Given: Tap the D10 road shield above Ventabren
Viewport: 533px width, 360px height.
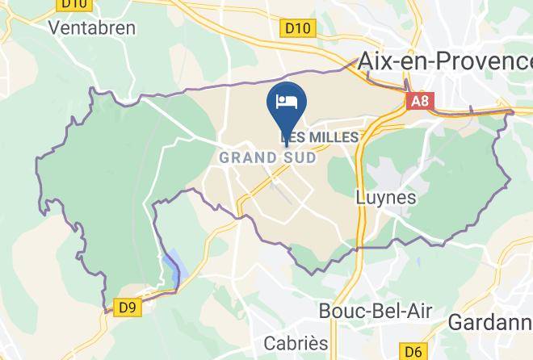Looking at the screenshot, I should (x=73, y=5).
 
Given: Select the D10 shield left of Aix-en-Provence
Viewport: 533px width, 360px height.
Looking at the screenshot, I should (x=297, y=28).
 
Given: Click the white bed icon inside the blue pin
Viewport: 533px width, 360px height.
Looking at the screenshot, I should (x=287, y=101).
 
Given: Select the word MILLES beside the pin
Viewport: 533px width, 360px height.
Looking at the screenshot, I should (x=330, y=137).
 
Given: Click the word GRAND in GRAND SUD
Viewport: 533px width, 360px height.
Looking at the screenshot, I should (x=246, y=157).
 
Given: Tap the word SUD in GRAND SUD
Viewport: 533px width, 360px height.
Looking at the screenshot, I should (x=298, y=157).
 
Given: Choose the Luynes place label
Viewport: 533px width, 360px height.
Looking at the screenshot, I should (x=386, y=197).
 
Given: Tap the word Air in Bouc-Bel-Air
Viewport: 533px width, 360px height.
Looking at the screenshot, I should (x=417, y=311).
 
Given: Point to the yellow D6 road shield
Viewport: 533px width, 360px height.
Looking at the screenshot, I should (x=413, y=351).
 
